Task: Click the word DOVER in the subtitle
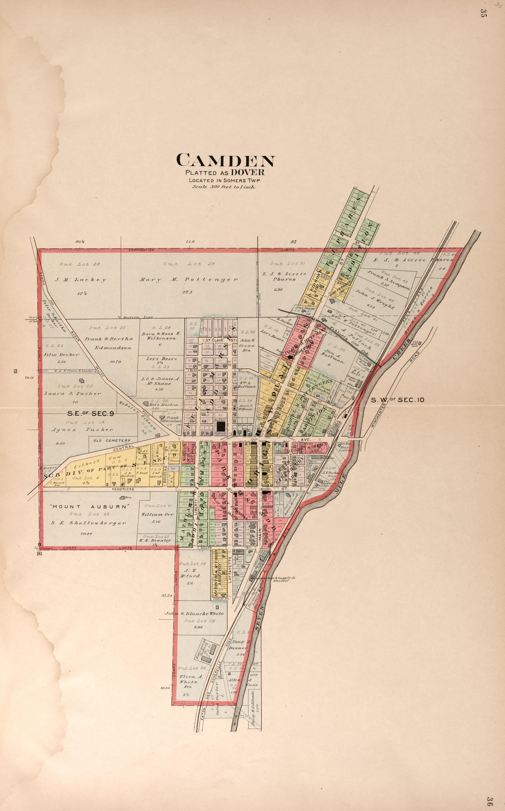247,172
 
